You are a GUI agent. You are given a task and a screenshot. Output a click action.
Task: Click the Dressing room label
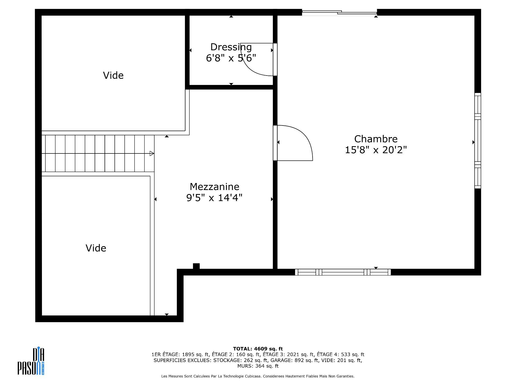[x=231, y=47]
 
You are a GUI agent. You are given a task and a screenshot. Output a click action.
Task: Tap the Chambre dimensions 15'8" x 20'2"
[x=376, y=150]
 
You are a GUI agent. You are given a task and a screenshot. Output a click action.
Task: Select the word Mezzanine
[x=214, y=187]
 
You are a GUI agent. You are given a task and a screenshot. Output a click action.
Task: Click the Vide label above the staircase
[x=113, y=76]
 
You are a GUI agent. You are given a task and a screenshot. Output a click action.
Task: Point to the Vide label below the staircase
[x=96, y=248]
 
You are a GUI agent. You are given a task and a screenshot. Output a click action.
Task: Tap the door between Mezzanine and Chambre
[x=294, y=143]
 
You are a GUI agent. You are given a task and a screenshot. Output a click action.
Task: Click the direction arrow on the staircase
[x=152, y=153]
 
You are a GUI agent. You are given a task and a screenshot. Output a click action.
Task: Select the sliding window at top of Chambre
[x=339, y=12]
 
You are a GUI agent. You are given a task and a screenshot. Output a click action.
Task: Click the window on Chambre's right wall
[x=477, y=141]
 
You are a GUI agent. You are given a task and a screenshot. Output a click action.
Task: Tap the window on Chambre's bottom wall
[x=343, y=272]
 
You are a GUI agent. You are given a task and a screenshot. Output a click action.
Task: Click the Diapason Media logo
[x=31, y=361]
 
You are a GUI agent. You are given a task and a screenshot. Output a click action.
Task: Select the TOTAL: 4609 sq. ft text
[x=258, y=349]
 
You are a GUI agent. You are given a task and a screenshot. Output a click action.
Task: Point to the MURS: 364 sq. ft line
[x=258, y=366]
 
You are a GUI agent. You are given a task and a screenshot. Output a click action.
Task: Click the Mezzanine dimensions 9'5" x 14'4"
[x=214, y=198]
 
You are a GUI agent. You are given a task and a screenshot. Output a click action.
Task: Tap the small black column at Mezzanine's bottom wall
[x=196, y=266]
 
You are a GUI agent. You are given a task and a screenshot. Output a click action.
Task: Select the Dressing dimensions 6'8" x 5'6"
[x=231, y=58]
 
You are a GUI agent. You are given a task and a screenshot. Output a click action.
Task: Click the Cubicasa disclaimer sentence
[x=258, y=376]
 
